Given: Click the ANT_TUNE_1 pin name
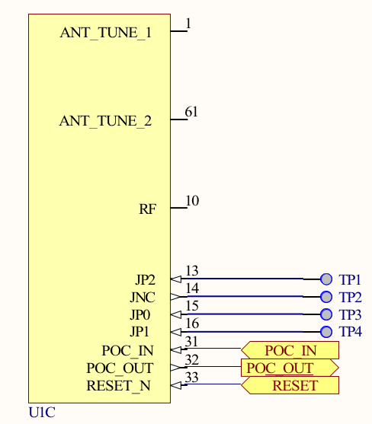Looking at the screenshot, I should point(105,33).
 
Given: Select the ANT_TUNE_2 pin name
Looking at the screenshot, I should point(105,120).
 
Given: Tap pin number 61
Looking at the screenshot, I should point(191,113).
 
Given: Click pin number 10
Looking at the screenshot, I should point(192,201).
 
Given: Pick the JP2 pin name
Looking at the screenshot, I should point(145,279).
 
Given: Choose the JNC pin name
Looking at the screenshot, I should point(143,297).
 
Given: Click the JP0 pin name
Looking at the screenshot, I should point(145,314).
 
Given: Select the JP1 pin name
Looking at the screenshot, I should point(145,332).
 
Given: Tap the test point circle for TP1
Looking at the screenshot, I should point(326,279).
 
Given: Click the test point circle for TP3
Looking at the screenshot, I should point(326,314).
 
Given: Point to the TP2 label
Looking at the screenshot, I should point(350,297).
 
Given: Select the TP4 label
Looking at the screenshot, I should point(350,332).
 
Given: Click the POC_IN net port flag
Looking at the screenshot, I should point(290,350).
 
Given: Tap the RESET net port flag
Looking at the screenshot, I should point(290,385).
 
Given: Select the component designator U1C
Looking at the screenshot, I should point(42,413).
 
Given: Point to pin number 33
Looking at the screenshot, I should point(192,378).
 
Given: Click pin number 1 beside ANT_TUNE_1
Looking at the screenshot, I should point(188,24).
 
